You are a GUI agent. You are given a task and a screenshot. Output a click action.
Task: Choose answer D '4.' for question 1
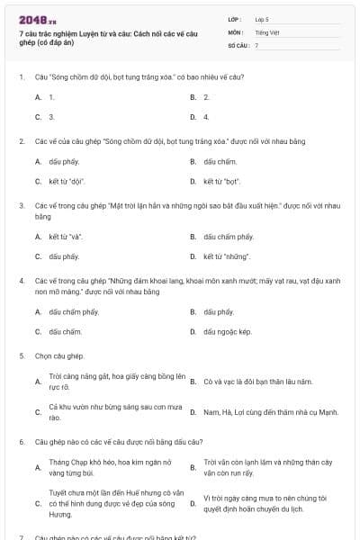click(206, 117)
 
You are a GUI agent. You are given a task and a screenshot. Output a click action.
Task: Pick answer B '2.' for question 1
click(206, 96)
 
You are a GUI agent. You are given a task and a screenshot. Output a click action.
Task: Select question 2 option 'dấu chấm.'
click(220, 162)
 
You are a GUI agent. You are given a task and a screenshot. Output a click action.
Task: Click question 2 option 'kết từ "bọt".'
click(220, 182)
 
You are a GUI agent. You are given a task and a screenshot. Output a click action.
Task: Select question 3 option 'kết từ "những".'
click(223, 256)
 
